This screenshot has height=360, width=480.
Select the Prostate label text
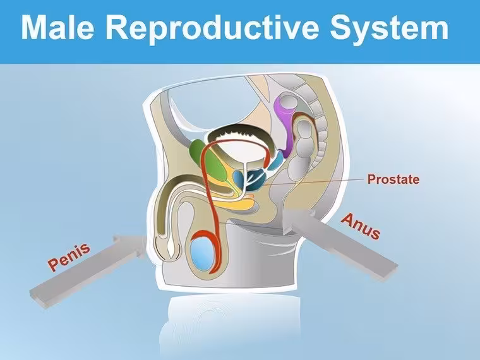[x=393, y=179]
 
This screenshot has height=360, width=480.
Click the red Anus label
[x=361, y=226]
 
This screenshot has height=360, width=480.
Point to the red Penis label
[x=69, y=257]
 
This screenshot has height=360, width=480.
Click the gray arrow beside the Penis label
[x=89, y=270]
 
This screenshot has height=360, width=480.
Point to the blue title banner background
[x=240, y=55]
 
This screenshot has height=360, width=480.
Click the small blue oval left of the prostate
[x=238, y=179]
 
